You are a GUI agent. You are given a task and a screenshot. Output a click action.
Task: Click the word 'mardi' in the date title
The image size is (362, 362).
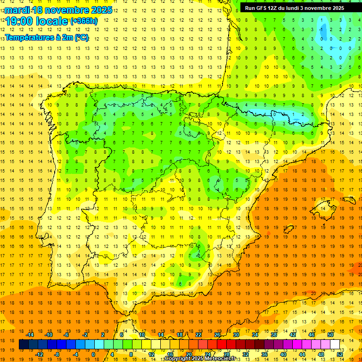click(17, 10)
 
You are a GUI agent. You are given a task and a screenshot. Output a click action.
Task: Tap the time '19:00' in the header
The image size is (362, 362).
click(21, 21)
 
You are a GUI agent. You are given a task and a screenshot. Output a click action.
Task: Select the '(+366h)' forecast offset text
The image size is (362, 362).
click(84, 21)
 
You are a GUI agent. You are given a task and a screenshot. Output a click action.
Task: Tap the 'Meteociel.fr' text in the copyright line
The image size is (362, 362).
click(220, 359)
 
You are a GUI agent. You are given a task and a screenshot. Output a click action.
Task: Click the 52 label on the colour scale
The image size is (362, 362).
click(340, 354)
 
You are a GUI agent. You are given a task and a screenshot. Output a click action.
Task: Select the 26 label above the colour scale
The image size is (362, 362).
click(217, 335)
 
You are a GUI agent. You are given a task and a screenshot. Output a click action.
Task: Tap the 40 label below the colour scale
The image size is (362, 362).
click(283, 354)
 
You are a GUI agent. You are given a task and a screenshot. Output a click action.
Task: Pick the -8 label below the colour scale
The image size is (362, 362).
click(57, 354)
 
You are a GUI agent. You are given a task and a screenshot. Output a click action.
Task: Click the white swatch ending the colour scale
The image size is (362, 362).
click(335, 345)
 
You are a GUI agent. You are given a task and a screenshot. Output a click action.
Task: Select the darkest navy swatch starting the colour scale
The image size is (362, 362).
click(24, 345)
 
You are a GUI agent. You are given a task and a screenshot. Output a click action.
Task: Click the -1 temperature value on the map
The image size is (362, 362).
click(321, 29)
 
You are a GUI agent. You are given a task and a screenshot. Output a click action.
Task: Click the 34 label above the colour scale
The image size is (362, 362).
click(255, 335)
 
